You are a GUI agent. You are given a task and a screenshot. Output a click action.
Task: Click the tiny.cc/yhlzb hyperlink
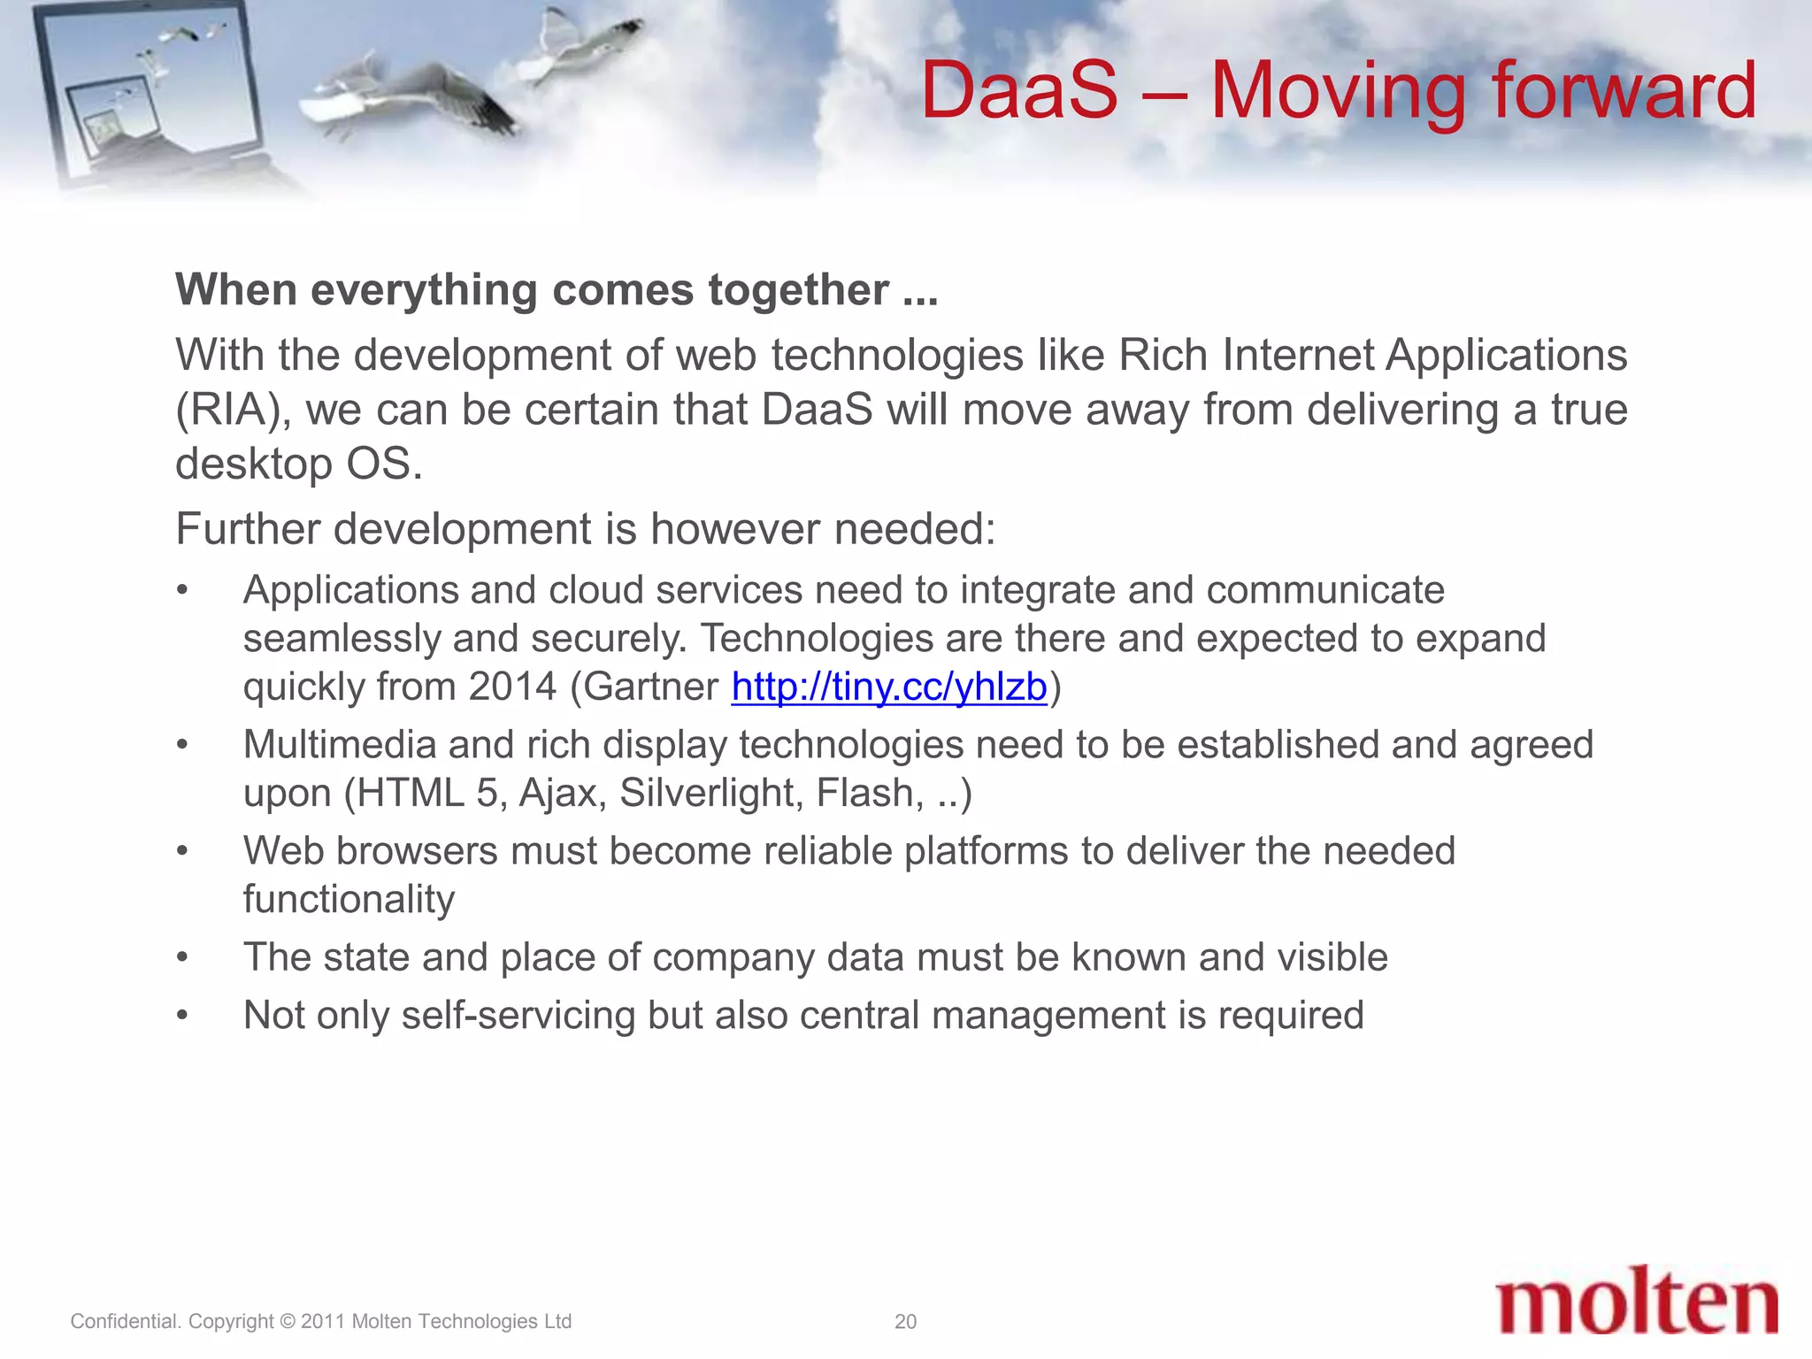(888, 687)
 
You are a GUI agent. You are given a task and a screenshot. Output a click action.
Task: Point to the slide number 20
(905, 1321)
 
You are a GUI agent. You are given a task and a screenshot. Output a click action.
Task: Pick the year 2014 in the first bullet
(512, 687)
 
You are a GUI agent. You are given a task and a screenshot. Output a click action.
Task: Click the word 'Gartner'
(651, 687)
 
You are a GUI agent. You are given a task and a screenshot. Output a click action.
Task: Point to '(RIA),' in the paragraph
(234, 411)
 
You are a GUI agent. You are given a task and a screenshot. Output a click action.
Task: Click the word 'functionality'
(349, 900)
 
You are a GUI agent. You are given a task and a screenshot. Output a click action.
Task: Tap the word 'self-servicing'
(518, 1015)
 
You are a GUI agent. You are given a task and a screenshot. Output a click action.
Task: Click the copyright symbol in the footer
(287, 1321)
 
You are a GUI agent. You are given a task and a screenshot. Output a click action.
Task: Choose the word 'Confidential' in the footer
(125, 1321)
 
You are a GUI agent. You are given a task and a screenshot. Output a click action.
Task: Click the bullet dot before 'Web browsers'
(182, 851)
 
